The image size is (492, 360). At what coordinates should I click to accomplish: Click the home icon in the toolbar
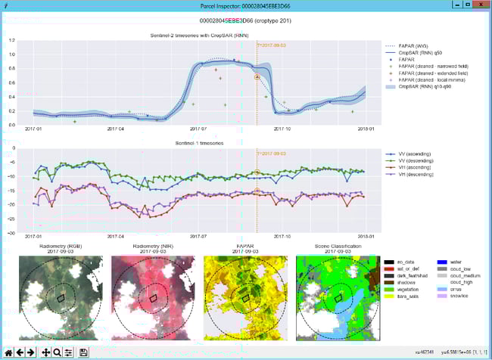point(8,352)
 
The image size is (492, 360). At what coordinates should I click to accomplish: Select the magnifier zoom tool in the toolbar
point(57,352)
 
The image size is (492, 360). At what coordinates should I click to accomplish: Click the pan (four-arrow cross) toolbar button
point(45,352)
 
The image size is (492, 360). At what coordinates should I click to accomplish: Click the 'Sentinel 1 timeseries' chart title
point(198,142)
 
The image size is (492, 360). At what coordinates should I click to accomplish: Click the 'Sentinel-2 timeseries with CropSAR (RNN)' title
point(198,36)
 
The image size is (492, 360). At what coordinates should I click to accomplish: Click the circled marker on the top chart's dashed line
point(257,77)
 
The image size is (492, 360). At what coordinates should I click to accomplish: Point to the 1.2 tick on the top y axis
point(11,40)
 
